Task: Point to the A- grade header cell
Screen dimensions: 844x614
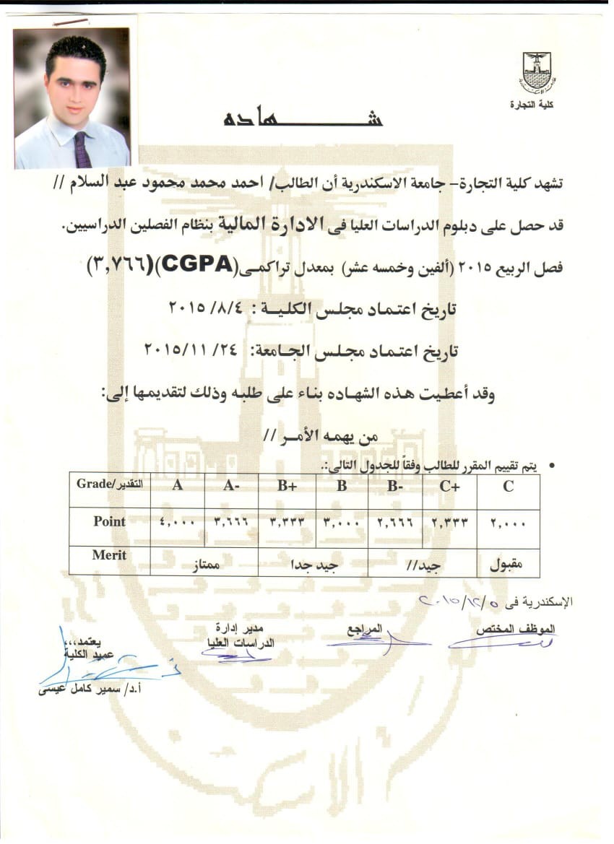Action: point(231,486)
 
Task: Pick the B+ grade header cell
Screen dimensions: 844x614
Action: point(287,486)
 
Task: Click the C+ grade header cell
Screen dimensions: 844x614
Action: point(450,486)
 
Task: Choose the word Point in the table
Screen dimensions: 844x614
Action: point(109,521)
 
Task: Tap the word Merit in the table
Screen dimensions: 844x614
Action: point(109,555)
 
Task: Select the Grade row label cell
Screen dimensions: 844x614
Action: point(109,484)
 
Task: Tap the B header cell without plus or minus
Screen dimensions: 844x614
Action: point(341,486)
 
